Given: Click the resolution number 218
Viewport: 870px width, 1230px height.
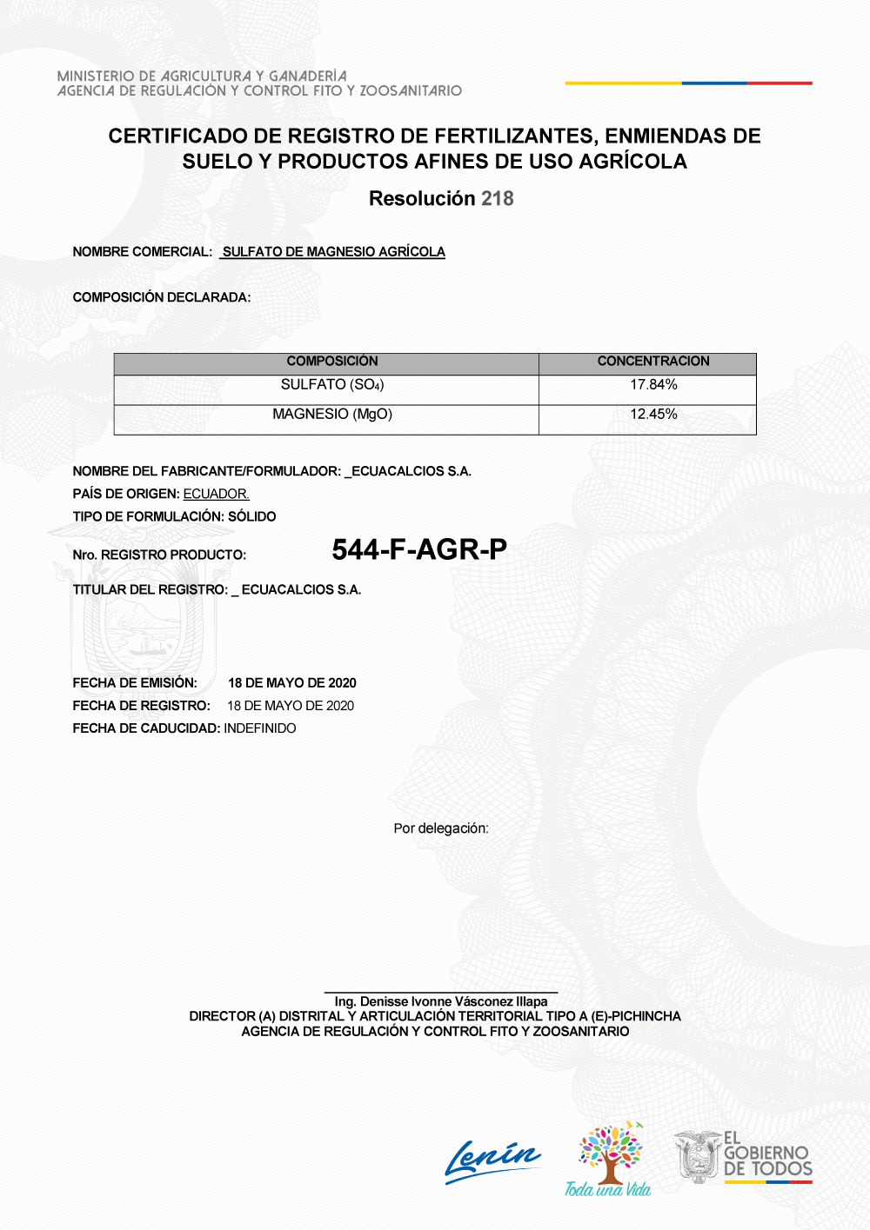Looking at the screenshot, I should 497,199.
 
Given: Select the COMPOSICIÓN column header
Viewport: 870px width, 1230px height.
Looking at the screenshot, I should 332,362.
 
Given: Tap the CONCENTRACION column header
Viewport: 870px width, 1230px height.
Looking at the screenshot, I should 652,362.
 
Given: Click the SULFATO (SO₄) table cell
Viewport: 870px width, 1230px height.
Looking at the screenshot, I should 332,385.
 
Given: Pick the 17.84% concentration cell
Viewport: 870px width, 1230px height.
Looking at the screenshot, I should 653,385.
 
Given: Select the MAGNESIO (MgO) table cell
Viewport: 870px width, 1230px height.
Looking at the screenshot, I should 332,415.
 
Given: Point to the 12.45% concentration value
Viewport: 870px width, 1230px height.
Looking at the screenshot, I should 653,415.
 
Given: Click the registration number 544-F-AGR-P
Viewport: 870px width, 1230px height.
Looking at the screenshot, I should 419,549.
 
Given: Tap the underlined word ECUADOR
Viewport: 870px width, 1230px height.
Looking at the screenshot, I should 216,494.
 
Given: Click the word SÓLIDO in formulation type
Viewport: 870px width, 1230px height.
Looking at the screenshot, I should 252,516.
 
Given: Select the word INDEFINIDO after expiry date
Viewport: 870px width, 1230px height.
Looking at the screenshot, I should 260,728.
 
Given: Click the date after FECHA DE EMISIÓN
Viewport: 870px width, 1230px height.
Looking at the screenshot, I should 292,683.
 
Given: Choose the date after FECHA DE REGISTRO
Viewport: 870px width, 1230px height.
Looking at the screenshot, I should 291,706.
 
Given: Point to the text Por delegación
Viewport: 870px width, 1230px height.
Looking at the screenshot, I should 441,828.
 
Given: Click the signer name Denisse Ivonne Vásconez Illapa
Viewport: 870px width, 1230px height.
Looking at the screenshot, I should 441,1001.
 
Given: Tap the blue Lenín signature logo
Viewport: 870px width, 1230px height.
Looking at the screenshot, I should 492,1160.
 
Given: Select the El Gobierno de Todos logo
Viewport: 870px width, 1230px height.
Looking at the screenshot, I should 743,1156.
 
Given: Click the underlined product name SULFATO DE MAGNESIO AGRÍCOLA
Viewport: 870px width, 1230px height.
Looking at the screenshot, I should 333,252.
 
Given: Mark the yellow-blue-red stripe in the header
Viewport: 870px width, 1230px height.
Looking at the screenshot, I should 688,83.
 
